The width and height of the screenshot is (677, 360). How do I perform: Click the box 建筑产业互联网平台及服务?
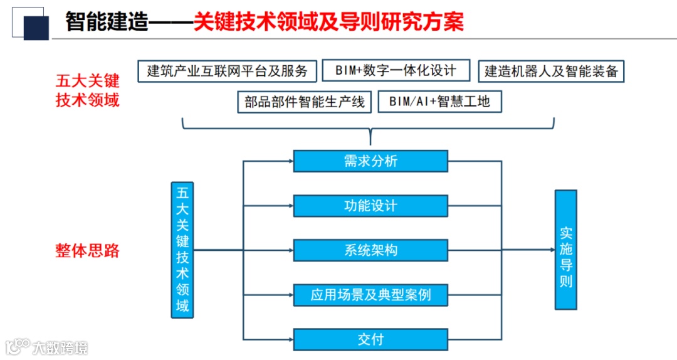(x=227, y=71)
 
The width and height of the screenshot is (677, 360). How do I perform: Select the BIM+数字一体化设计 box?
(x=396, y=71)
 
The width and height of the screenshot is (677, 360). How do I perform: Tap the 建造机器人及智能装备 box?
(x=551, y=71)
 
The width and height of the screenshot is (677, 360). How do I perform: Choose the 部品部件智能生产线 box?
(x=305, y=102)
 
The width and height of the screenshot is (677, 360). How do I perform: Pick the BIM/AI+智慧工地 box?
(x=439, y=102)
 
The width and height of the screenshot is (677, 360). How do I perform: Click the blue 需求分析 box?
(x=370, y=161)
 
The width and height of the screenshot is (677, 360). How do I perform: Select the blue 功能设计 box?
(x=370, y=206)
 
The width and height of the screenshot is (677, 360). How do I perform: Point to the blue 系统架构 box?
(x=370, y=250)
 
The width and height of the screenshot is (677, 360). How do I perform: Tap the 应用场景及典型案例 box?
(x=370, y=295)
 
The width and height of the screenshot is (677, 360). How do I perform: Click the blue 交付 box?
(x=370, y=339)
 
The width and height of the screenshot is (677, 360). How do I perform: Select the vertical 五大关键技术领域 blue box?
(x=182, y=250)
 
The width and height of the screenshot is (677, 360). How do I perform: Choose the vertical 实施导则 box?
(x=565, y=250)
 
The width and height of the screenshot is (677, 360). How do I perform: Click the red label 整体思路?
(x=88, y=251)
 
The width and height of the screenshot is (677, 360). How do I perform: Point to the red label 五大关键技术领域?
(x=88, y=90)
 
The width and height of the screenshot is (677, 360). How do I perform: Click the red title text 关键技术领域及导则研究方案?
(x=328, y=23)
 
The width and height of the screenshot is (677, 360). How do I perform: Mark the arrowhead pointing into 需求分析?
(x=290, y=161)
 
